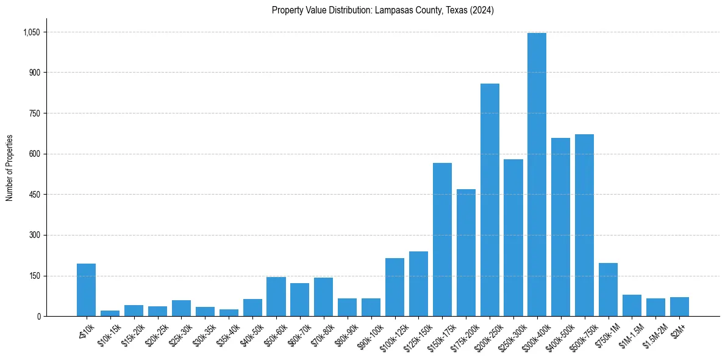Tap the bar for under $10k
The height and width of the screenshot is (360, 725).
coord(86,290)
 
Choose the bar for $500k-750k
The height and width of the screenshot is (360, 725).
coord(584,225)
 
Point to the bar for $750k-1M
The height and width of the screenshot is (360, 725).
coord(608,289)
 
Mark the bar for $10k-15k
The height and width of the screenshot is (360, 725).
coord(110,313)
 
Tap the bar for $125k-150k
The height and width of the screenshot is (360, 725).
coord(418,284)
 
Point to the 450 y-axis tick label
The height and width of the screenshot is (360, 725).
coord(35,195)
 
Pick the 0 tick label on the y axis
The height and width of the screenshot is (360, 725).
coord(38,317)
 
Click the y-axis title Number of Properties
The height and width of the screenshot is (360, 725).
coord(9,168)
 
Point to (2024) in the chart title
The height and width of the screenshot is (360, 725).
coord(483,10)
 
